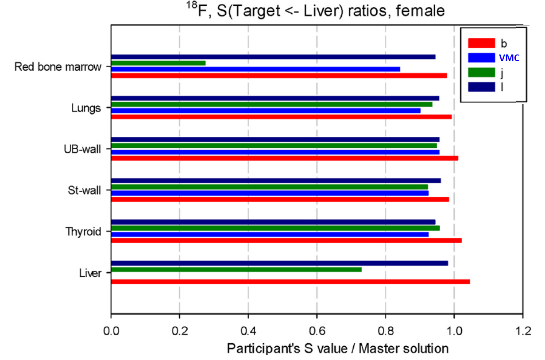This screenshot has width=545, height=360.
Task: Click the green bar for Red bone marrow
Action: (158, 63)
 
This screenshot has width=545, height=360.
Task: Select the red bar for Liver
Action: (290, 282)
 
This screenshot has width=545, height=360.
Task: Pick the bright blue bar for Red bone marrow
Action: (255, 69)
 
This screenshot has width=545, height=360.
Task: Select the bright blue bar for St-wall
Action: (270, 193)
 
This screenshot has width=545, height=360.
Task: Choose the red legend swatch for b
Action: (481, 43)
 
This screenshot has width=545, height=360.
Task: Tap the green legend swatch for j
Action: (481, 73)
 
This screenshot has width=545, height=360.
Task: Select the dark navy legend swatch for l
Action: (481, 88)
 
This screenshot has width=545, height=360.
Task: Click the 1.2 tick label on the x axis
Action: (523, 330)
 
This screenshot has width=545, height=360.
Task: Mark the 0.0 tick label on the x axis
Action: (111, 330)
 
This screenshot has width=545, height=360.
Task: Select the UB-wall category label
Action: (85, 149)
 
